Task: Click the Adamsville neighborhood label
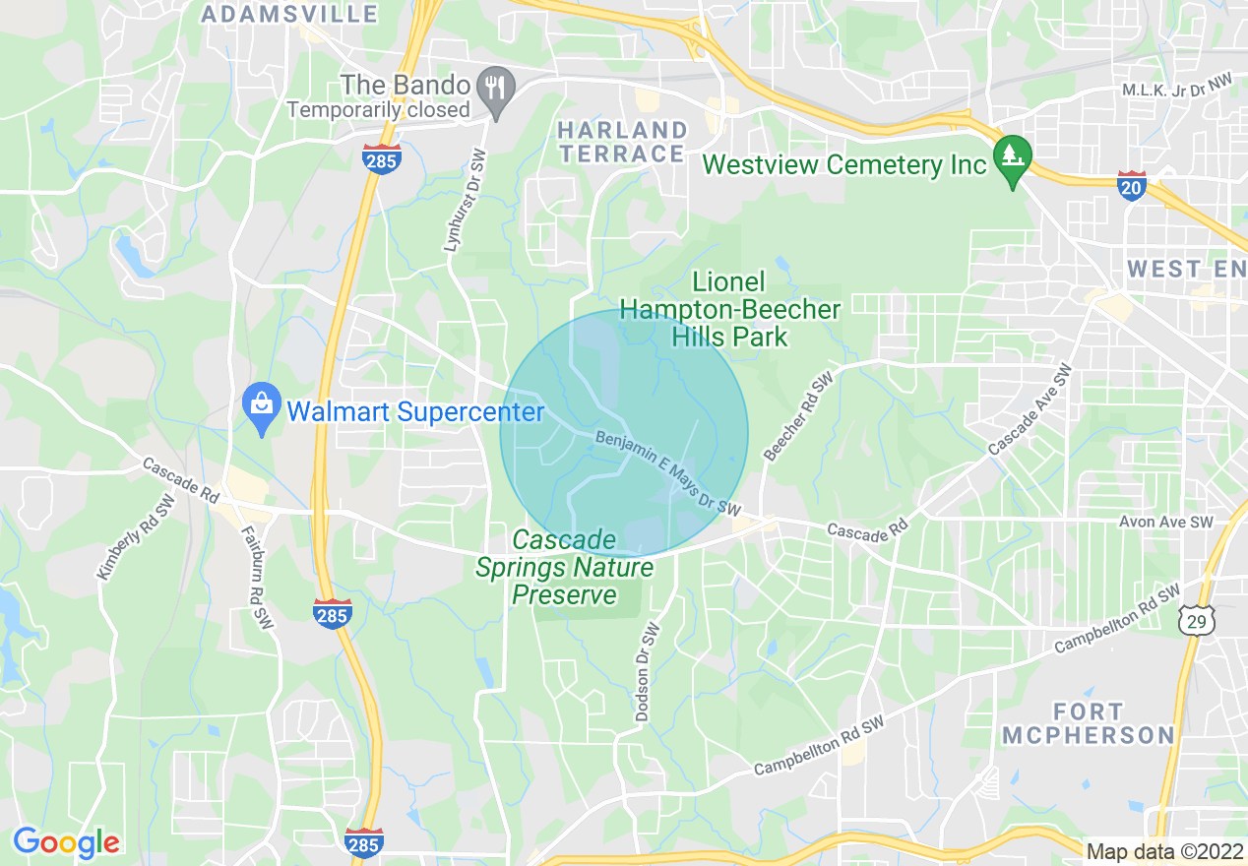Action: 289,14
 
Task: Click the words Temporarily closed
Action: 379,110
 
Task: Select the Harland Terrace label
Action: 621,142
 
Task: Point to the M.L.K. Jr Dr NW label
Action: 1177,91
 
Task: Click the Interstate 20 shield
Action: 1132,185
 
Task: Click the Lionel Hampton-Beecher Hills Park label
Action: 728,309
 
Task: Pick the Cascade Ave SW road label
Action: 1030,411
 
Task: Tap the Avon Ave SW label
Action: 1165,523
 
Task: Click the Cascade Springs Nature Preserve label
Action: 564,568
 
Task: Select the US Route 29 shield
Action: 1195,619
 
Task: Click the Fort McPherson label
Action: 1089,723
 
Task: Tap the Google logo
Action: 66,842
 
